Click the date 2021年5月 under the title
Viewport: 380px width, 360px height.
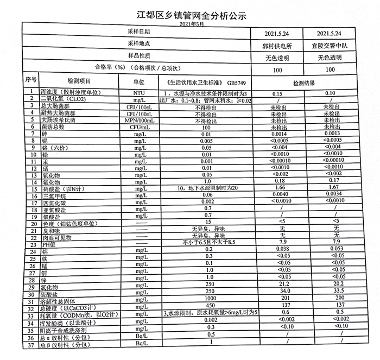pyautogui.click(x=188, y=25)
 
